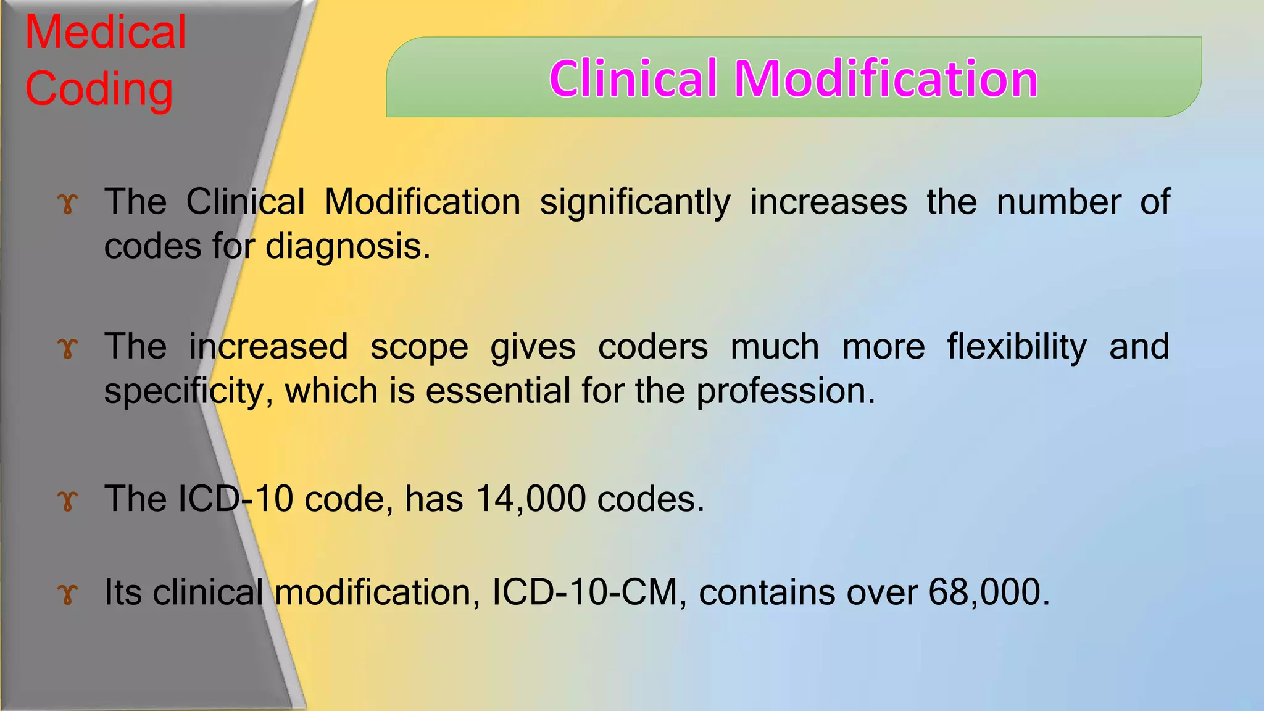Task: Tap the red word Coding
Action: [99, 89]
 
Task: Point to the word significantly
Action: [635, 202]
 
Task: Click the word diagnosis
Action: [347, 247]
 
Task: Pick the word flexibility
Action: [1017, 347]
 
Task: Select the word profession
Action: [786, 391]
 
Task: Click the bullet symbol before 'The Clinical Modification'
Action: [68, 204]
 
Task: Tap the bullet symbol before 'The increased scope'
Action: [68, 349]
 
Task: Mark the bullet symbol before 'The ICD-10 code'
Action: [68, 501]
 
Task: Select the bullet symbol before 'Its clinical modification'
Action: [68, 594]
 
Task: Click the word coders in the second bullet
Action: [653, 347]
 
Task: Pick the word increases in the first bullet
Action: [828, 202]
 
